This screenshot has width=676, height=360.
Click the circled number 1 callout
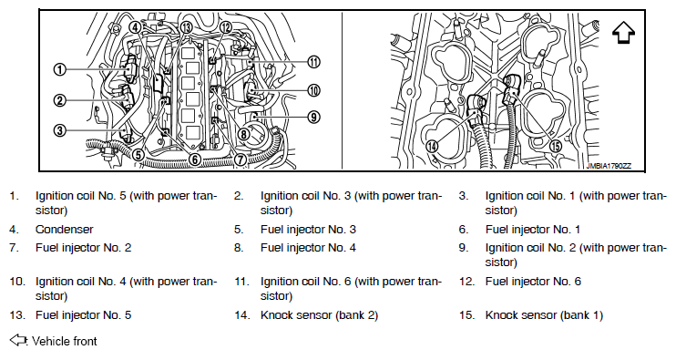click(x=60, y=69)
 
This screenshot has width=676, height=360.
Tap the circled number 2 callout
click(x=60, y=101)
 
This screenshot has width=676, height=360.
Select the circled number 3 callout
click(x=60, y=129)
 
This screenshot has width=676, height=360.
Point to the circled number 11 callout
click(x=313, y=62)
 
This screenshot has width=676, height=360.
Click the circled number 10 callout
click(x=313, y=90)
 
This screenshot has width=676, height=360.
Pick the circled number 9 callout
click(x=313, y=117)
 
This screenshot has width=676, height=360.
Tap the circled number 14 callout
click(x=432, y=147)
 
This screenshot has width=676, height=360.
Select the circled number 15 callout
click(x=556, y=146)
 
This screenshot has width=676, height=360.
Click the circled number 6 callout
click(x=195, y=159)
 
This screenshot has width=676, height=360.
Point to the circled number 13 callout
click(x=186, y=27)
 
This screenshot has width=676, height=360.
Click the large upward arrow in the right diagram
click(x=623, y=33)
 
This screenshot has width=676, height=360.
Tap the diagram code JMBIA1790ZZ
click(x=609, y=166)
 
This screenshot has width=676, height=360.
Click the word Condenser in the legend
click(x=65, y=230)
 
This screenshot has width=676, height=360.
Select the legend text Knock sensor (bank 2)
click(x=319, y=315)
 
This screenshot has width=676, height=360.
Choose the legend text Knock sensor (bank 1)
click(x=544, y=315)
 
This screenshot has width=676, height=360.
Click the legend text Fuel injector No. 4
click(x=308, y=248)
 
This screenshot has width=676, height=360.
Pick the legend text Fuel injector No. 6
click(x=533, y=282)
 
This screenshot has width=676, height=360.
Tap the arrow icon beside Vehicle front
click(x=18, y=340)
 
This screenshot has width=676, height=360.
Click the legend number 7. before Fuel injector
click(x=15, y=248)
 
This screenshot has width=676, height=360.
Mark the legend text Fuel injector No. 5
click(x=83, y=315)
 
